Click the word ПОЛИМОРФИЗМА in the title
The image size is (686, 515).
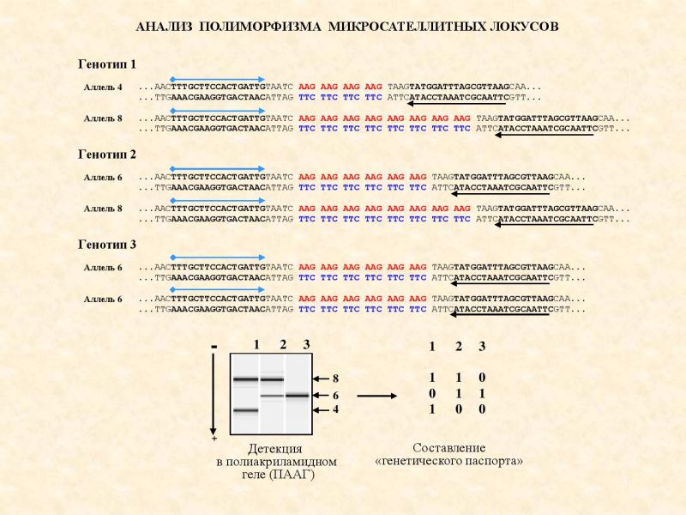click(x=260, y=27)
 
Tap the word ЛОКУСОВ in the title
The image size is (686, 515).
click(x=524, y=27)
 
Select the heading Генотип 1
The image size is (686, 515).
click(x=107, y=64)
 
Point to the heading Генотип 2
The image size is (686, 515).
click(x=107, y=154)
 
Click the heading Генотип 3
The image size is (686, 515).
click(x=107, y=245)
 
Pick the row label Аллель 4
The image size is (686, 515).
click(x=103, y=88)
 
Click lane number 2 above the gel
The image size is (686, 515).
click(x=283, y=345)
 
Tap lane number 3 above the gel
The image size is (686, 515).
click(x=307, y=345)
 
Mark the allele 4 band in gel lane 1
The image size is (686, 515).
click(x=245, y=410)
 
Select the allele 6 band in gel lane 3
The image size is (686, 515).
click(x=298, y=396)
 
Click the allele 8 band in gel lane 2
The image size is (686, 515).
click(x=272, y=379)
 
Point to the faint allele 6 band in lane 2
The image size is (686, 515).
click(x=272, y=396)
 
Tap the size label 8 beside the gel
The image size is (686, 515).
click(x=335, y=379)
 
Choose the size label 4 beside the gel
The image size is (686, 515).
click(x=335, y=410)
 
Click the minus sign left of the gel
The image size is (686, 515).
click(x=214, y=347)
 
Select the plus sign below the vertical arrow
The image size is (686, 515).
click(x=214, y=439)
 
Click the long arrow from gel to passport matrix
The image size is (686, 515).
click(x=377, y=396)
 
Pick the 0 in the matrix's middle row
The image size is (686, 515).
click(x=432, y=394)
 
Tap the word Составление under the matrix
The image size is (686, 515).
click(x=448, y=448)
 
